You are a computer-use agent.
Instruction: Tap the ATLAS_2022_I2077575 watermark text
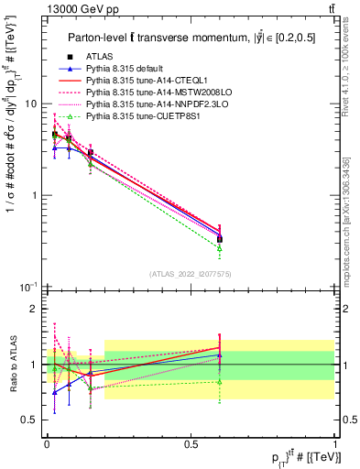pos(191,274)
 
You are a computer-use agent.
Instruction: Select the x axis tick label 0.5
pos(190,442)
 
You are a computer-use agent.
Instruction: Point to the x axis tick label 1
pos(333,442)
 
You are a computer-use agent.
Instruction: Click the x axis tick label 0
pos(46,442)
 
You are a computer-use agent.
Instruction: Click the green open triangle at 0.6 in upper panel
pos(219,248)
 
